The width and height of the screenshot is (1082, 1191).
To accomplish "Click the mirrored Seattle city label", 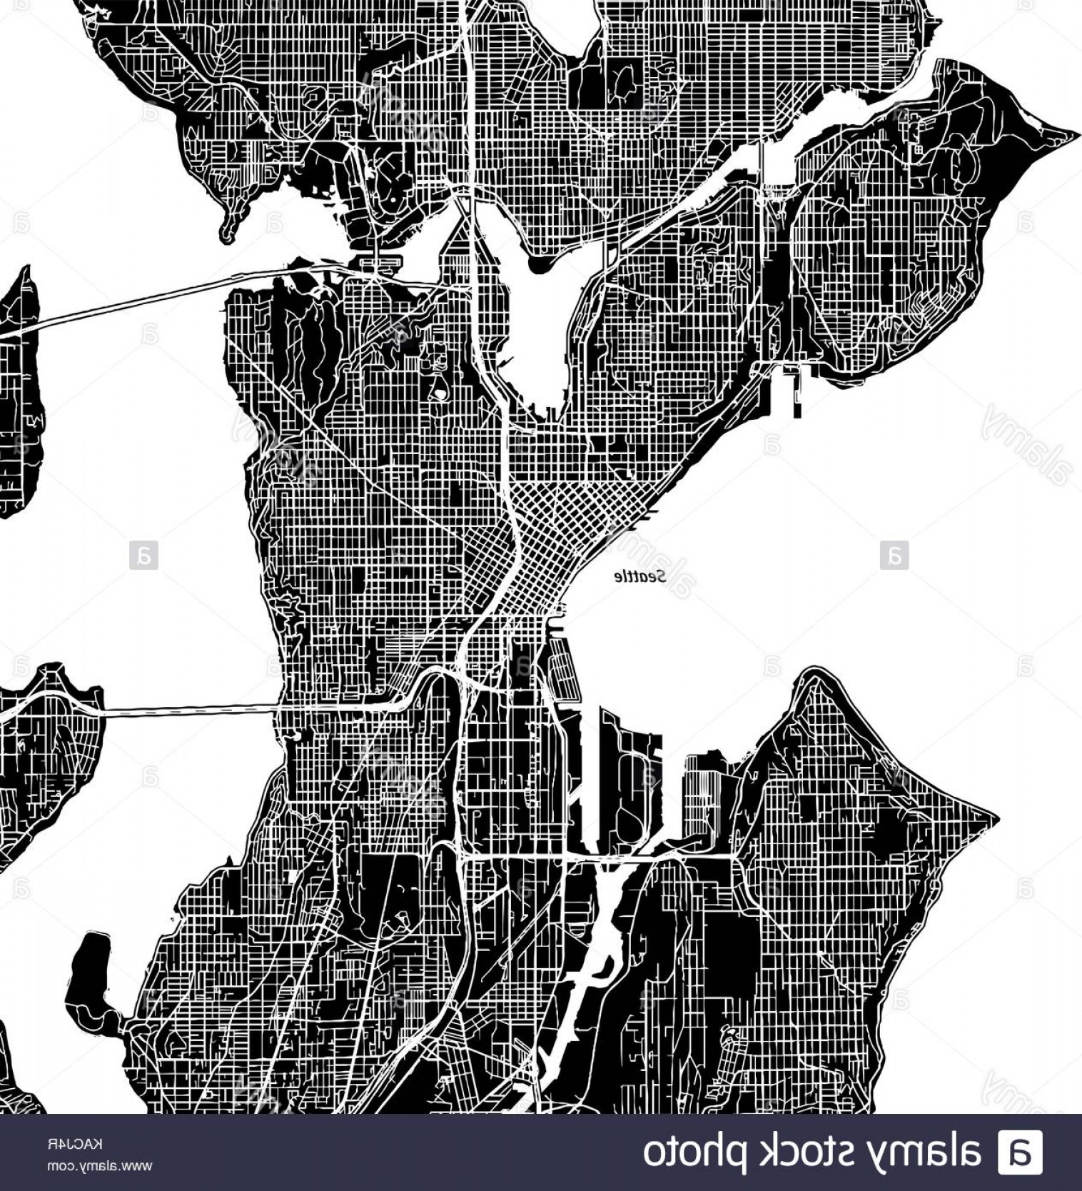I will tap(641, 577).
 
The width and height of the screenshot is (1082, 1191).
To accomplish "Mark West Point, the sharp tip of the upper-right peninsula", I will tap(1074, 134).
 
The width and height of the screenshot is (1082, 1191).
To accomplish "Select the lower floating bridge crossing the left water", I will tap(186, 710).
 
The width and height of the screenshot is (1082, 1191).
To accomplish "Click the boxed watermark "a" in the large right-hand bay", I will tap(894, 556).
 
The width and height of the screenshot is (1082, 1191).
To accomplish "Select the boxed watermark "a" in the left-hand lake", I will tap(143, 556).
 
